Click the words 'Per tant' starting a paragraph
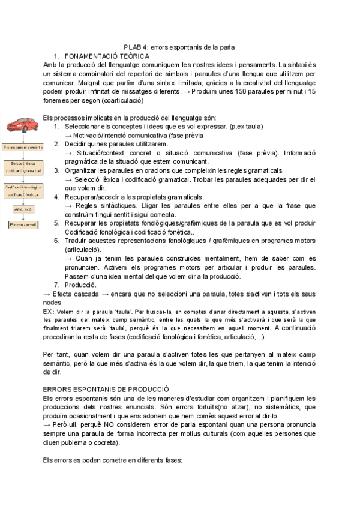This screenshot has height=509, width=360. [x=56, y=354]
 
